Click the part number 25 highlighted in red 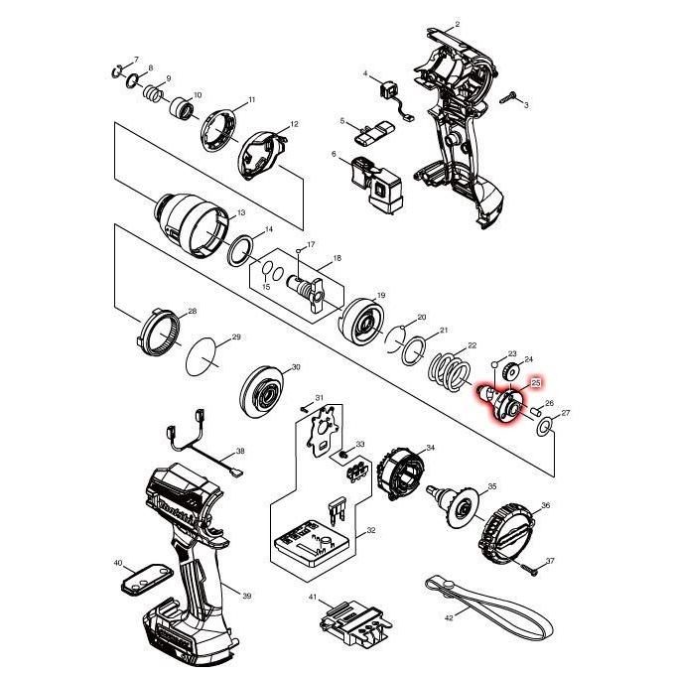[x=536, y=381]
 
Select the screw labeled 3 [x=511, y=97]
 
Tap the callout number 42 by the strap [x=449, y=616]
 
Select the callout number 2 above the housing [x=457, y=24]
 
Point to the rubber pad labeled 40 [x=138, y=578]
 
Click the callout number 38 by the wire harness [x=240, y=450]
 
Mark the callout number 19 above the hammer [x=381, y=296]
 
